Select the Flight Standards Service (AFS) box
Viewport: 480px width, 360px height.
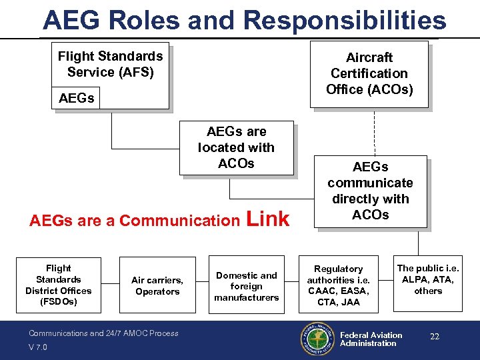(111, 65)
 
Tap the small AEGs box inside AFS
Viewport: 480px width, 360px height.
(77, 98)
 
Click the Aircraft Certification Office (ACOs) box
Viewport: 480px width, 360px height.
(369, 73)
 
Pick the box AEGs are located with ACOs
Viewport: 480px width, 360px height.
(236, 147)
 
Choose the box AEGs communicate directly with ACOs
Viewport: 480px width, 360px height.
(370, 191)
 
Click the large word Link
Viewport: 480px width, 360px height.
(268, 219)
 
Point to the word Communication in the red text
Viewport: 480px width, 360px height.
(179, 221)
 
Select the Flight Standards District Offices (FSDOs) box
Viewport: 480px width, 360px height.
(59, 285)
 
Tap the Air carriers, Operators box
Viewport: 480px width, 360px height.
(157, 285)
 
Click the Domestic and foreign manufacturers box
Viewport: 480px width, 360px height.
(247, 286)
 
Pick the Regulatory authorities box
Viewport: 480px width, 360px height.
(339, 285)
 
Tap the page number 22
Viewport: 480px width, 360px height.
(435, 337)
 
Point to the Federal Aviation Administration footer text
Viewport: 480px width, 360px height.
(371, 339)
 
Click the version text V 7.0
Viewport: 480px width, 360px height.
(39, 347)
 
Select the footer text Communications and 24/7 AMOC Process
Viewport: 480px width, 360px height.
(103, 333)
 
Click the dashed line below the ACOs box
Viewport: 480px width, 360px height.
(374, 131)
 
